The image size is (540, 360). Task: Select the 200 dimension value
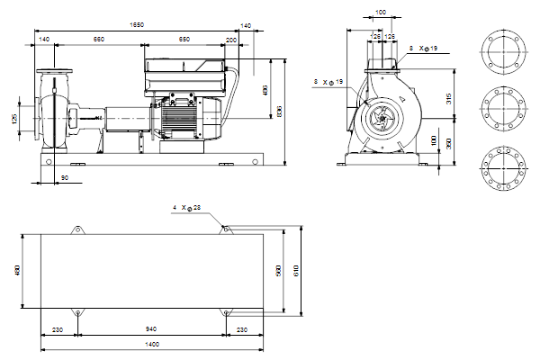pyautogui.click(x=231, y=40)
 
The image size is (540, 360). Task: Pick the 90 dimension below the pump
pyautogui.click(x=65, y=178)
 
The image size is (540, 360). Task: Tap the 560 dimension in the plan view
pyautogui.click(x=279, y=270)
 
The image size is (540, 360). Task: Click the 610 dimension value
pyautogui.click(x=294, y=270)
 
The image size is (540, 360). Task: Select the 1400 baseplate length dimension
pyautogui.click(x=151, y=345)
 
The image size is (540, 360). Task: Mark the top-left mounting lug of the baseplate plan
pyautogui.click(x=76, y=231)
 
